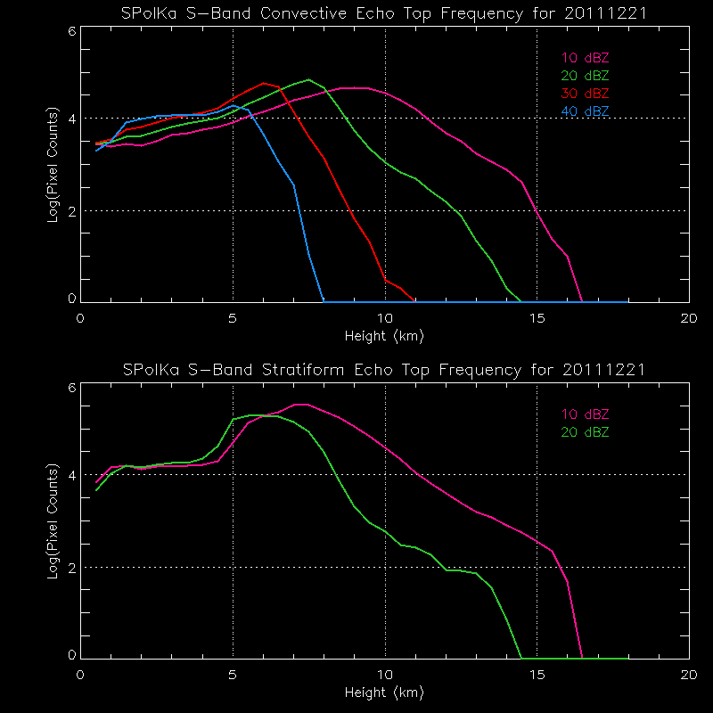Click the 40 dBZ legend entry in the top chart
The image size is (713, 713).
coord(586,111)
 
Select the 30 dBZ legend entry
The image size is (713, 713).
coord(586,94)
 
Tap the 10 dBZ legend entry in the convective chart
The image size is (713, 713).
coord(586,58)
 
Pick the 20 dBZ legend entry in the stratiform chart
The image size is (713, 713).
coord(586,432)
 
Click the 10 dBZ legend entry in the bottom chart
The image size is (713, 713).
coord(586,414)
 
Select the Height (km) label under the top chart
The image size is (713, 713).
coord(384,336)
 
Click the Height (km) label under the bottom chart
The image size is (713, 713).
coord(384,691)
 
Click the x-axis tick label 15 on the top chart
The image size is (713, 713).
coord(537,319)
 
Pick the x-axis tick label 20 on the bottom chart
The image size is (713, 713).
coord(688,674)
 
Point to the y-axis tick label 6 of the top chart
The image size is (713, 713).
coord(71,29)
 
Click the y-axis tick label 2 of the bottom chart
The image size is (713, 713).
coord(71,567)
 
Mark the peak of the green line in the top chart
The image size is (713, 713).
coord(308,79)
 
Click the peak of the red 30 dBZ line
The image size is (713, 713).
coord(263,83)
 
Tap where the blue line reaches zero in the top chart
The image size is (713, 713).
coord(323,300)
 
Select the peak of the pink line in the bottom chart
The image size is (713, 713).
coord(301,405)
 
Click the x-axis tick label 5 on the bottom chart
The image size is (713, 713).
coord(233,674)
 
